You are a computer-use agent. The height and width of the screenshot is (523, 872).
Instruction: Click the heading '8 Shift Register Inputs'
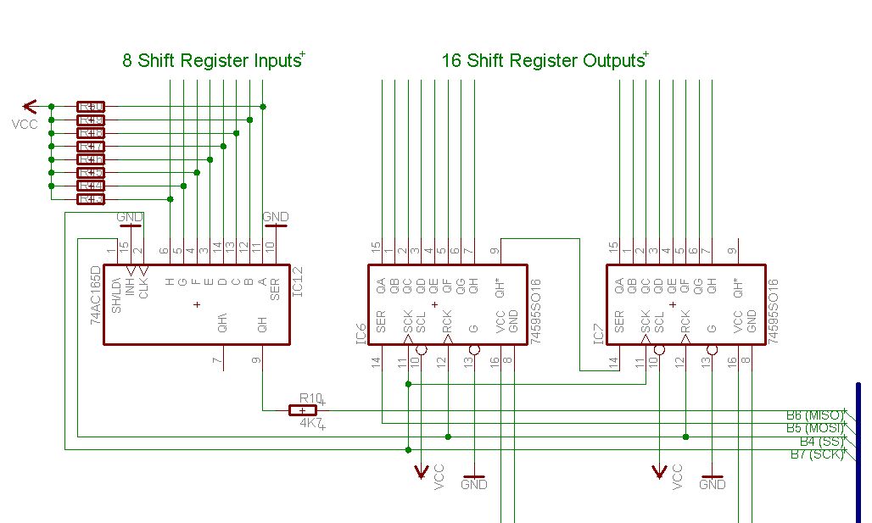coord(211,61)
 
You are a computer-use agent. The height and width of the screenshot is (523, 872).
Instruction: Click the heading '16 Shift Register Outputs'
coord(543,61)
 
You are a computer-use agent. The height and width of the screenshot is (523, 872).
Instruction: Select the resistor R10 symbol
coord(303,410)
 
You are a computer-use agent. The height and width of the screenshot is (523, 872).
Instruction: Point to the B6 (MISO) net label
coord(814,415)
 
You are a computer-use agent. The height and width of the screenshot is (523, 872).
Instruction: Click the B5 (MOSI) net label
coord(814,428)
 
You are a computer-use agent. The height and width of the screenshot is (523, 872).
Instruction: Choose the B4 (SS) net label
coord(820,442)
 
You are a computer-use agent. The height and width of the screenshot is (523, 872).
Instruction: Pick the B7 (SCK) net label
coord(816,454)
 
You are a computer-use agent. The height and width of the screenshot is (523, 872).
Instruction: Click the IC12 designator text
coord(296,279)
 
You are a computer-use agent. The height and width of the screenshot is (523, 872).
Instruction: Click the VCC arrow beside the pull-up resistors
coord(31,106)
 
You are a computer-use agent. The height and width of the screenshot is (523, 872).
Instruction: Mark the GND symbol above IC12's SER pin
coord(276,221)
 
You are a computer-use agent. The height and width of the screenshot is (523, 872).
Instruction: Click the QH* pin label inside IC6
coord(500,291)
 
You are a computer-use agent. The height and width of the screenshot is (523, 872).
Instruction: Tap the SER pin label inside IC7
coord(619,321)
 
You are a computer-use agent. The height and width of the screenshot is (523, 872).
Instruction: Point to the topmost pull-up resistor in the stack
coord(91,107)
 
